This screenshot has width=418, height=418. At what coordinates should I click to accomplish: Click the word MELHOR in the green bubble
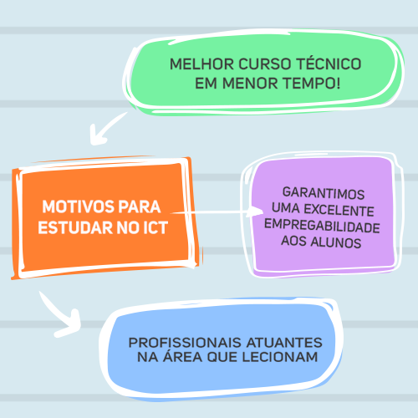coord(202,64)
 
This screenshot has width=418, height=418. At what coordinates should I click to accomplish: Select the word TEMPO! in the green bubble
coord(312,83)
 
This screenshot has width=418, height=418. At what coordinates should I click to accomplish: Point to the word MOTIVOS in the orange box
coord(79,206)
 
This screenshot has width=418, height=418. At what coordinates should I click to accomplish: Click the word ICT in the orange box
coord(155,227)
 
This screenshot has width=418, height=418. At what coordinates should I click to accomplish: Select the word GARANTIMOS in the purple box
coord(324,193)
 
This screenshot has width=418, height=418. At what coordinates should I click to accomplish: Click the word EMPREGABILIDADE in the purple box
coord(322,226)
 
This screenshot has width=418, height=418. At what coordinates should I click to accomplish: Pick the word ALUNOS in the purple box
coord(336,242)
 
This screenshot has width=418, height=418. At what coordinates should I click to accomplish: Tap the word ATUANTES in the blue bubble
coord(284,343)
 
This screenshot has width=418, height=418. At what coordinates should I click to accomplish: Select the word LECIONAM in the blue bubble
coord(280,357)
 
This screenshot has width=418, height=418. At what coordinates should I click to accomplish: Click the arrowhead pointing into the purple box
coord(256,212)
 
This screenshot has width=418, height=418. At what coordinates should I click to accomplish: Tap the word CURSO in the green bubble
coord(265,64)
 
